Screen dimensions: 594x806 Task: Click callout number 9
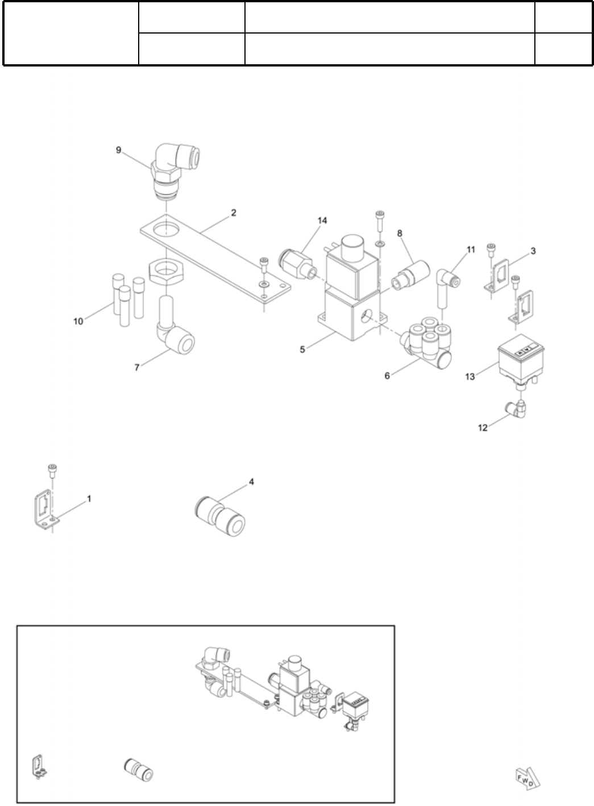click(x=118, y=150)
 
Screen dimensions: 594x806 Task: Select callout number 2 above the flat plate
click(x=233, y=213)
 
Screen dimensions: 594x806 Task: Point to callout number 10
click(x=78, y=321)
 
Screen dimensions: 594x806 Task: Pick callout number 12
click(x=483, y=428)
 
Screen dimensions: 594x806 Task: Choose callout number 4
click(x=251, y=482)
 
